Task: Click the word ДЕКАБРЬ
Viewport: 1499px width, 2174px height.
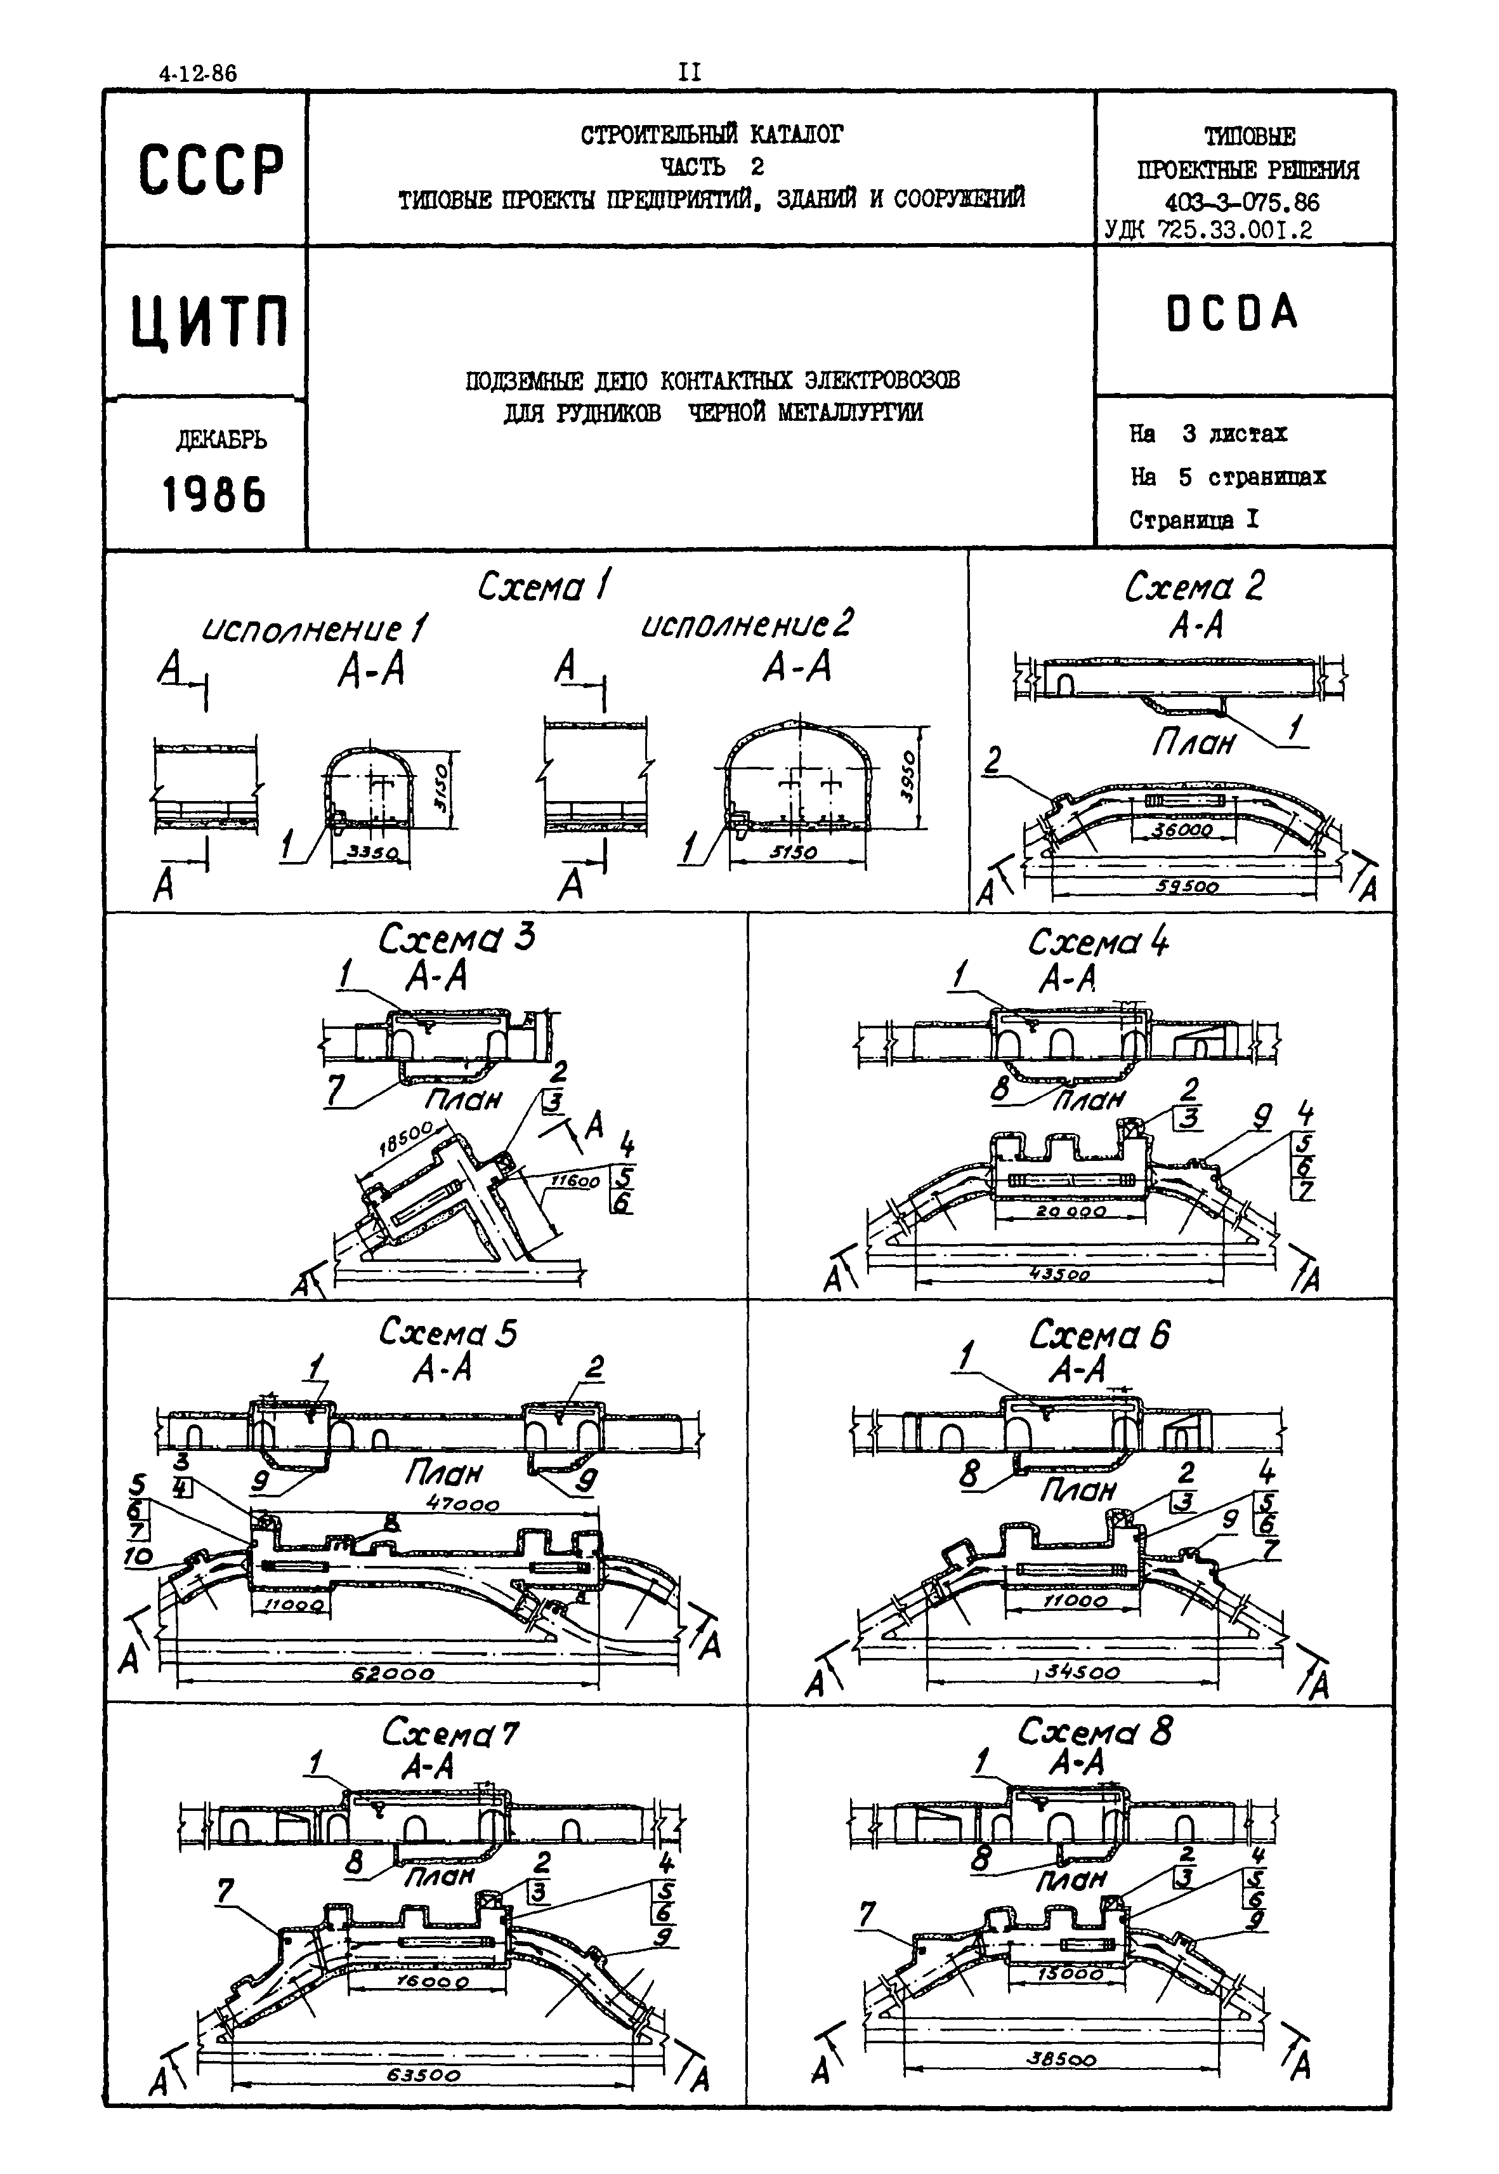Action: [221, 440]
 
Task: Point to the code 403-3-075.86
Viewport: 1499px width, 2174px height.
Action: [1241, 201]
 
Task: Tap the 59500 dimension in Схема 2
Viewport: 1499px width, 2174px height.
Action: [1187, 886]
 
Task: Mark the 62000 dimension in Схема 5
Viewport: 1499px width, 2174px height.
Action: [395, 1673]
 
